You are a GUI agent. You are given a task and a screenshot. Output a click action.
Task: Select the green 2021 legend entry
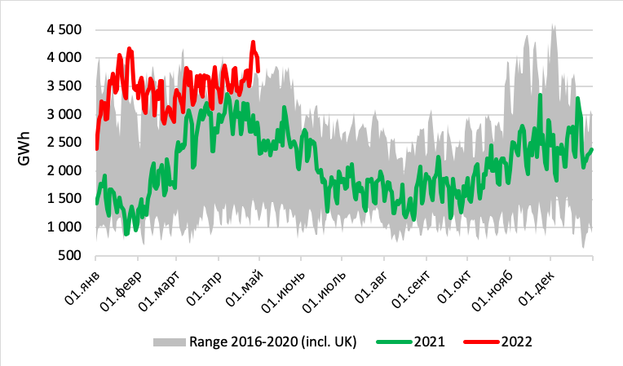(416, 340)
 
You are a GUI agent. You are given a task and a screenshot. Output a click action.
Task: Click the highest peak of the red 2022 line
(254, 42)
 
